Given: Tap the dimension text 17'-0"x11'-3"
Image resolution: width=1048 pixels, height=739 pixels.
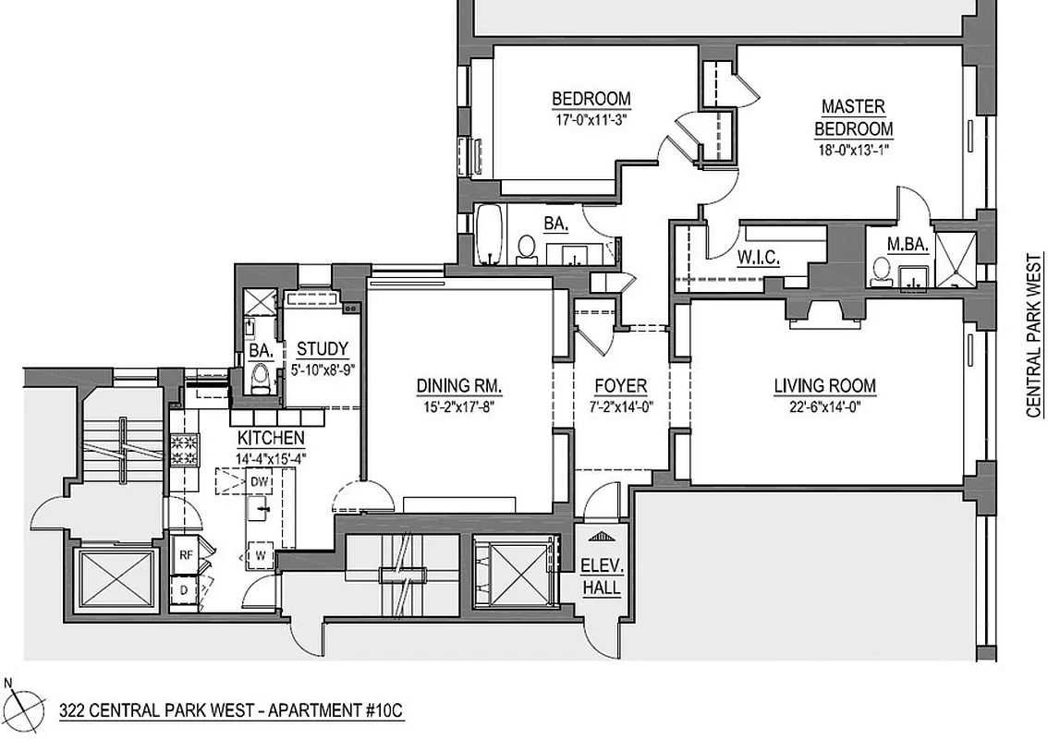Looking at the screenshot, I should tap(591, 117).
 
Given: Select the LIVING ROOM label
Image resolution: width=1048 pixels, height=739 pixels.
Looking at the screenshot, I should tap(824, 386).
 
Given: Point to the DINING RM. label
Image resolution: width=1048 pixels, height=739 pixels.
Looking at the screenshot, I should tap(459, 386).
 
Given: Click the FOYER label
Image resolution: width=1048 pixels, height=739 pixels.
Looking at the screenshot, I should tap(620, 386).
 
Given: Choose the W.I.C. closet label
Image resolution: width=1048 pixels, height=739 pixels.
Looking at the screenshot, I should tap(758, 259).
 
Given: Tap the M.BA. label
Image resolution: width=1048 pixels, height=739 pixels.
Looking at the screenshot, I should tap(901, 244).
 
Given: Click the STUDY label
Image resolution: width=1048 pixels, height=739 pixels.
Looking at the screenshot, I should tap(323, 349).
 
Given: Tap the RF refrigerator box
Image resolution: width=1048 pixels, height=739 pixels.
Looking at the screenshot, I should tap(186, 555).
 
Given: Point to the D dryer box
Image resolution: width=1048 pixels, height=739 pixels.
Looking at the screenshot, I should tap(185, 589).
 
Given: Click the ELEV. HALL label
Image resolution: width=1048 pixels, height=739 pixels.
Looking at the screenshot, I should tap(601, 578).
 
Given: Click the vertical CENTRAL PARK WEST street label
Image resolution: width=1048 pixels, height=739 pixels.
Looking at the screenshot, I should tap(1033, 338).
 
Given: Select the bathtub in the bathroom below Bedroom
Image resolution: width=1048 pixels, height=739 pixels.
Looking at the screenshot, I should tap(487, 234).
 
